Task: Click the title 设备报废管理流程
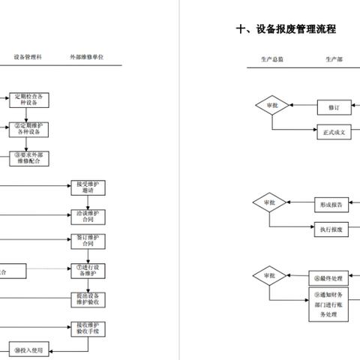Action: [286, 29]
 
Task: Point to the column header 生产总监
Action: [272, 58]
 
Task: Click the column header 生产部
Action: [334, 58]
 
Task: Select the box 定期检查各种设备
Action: [28, 100]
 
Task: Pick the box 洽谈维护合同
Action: [89, 217]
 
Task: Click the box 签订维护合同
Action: [89, 241]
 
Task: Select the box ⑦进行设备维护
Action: [89, 270]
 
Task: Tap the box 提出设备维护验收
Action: [89, 299]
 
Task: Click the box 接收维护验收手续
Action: [89, 328]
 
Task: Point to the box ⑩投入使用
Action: [28, 349]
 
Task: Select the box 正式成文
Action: [334, 131]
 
